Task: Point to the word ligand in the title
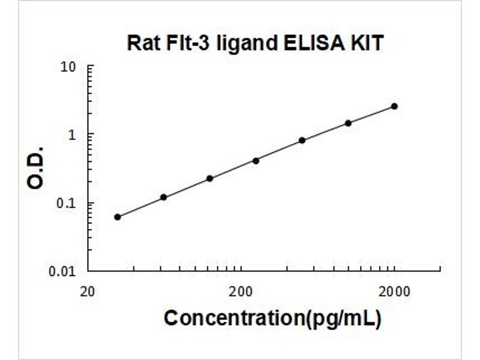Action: pos(247,43)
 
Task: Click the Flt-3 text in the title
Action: pos(188,43)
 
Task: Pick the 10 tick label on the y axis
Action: pos(68,67)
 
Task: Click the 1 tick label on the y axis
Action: pos(72,134)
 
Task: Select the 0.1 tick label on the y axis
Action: pos(66,203)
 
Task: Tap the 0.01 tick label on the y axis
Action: pos(62,271)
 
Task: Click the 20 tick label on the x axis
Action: pos(87,292)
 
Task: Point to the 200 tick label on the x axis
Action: pos(241,292)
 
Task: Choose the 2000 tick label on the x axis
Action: pos(394,292)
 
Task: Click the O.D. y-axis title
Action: pos(35,168)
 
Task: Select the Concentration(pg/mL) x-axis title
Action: pos(273,319)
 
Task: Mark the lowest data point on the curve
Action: pos(118,217)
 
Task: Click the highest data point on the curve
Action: pos(395,106)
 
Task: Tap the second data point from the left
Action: pos(164,197)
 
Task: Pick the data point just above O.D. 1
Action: pos(349,123)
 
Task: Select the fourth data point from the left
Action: pos(256,161)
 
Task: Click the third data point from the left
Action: pos(209,178)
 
